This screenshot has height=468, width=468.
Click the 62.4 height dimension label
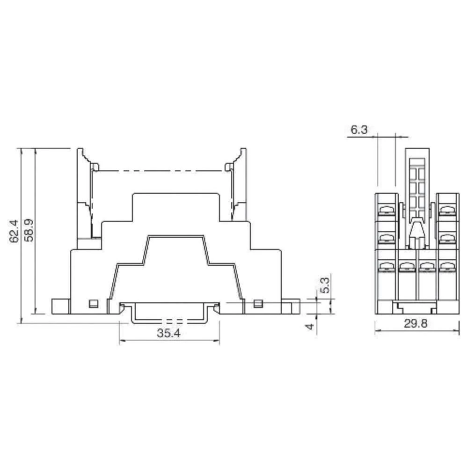(14, 231)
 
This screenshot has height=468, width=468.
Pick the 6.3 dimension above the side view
(358, 130)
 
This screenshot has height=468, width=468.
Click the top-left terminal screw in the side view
(385, 210)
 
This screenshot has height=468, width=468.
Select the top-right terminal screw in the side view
(447, 210)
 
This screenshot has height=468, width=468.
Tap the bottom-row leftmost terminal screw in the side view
(385, 267)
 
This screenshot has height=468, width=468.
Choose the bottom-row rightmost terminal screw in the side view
(447, 267)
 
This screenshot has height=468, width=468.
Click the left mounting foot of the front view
(60, 307)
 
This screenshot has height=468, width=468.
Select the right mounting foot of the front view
(290, 307)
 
